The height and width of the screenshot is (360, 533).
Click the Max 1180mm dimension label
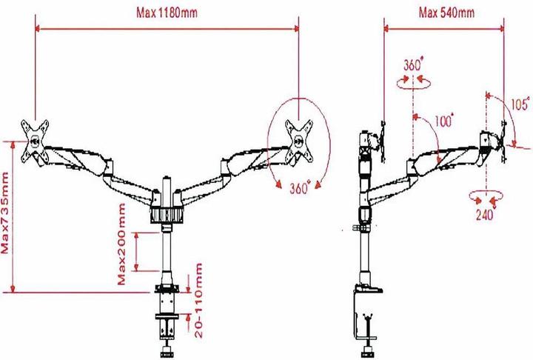click(167, 13)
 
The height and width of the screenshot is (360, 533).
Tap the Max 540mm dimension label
click(446, 13)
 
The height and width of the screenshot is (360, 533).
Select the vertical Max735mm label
click(5, 213)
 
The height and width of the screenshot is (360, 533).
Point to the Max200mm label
click(121, 244)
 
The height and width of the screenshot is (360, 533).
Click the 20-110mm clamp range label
click(198, 301)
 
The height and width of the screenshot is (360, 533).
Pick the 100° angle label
click(444, 121)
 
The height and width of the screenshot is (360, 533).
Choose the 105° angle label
click(520, 104)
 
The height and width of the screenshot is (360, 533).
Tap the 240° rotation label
click(484, 214)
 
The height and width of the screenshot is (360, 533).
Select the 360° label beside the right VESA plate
click(300, 187)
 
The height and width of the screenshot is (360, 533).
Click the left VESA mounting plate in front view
click(35, 142)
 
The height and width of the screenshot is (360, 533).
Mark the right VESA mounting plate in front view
click(299, 142)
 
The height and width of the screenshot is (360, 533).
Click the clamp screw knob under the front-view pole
click(167, 350)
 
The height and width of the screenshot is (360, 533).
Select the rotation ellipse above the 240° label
click(486, 196)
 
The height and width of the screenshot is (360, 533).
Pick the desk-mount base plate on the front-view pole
click(167, 289)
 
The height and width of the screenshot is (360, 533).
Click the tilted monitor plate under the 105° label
click(503, 142)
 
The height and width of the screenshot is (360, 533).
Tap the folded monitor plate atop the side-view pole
click(383, 141)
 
